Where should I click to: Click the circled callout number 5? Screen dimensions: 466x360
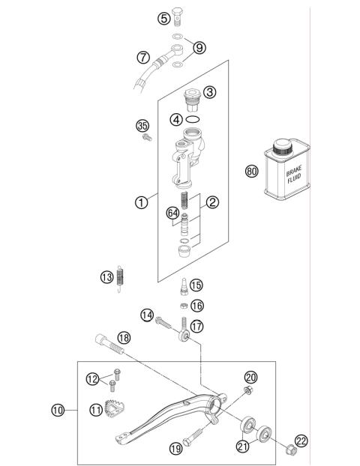163,19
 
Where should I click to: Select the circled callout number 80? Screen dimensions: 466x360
251,171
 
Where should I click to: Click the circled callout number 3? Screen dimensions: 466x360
209,92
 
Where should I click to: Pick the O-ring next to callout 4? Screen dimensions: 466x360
193,119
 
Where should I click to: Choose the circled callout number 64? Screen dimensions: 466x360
173,214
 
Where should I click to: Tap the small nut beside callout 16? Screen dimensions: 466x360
181,306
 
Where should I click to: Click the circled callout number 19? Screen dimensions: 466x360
175,449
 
